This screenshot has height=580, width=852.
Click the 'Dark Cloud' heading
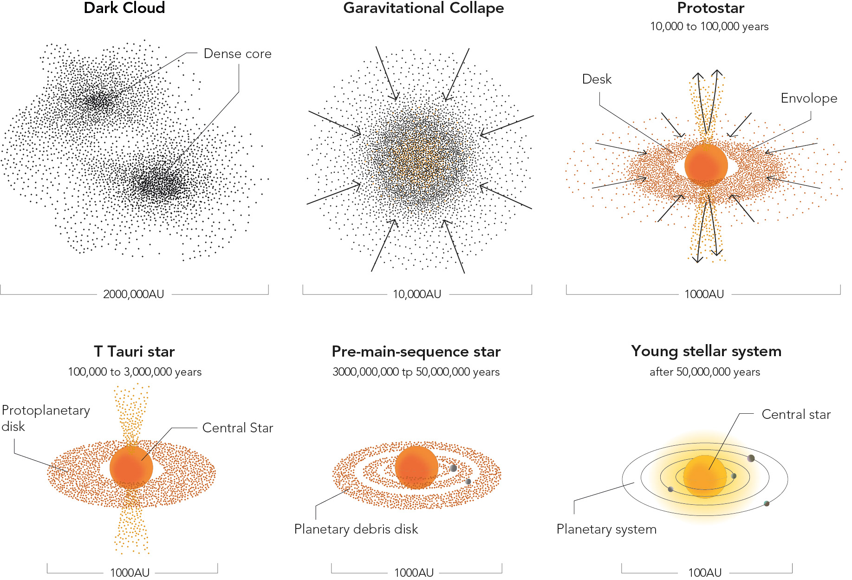[x=124, y=8]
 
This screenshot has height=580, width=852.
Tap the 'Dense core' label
[x=237, y=54]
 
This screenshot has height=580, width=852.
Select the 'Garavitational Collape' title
[x=423, y=8]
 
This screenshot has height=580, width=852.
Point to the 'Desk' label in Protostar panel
[x=597, y=79]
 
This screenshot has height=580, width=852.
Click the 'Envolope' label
[x=809, y=98]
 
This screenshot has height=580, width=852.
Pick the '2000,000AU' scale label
[x=134, y=294]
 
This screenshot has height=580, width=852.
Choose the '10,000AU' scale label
[x=417, y=294]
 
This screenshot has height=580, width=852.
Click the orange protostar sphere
[x=706, y=165]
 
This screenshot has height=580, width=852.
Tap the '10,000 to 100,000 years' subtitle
[x=709, y=26]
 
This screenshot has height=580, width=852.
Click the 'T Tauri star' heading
[x=134, y=352]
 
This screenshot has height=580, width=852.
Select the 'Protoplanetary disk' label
[x=46, y=418]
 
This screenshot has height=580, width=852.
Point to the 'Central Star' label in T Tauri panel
[x=238, y=428]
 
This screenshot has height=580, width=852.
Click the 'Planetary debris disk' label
[x=356, y=529]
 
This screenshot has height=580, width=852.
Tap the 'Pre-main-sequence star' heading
[x=416, y=352]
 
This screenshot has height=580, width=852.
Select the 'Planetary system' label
[x=606, y=529]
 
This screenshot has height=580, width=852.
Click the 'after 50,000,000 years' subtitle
[x=705, y=372]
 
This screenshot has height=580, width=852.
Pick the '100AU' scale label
[x=705, y=573]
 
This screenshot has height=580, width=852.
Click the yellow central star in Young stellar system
[x=704, y=476]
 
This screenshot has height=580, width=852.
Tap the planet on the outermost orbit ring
[x=767, y=503]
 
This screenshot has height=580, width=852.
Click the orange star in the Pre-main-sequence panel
[x=416, y=467]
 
